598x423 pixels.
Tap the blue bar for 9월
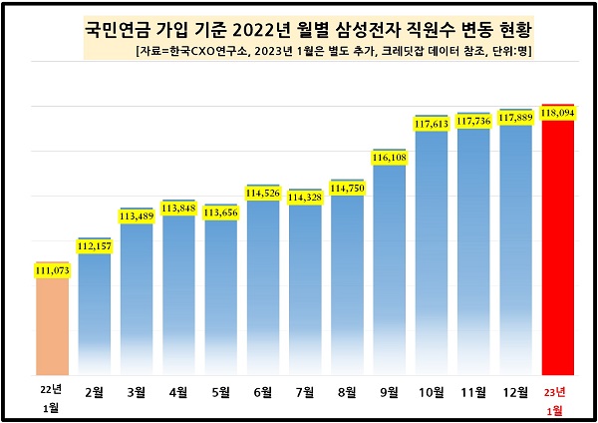390,269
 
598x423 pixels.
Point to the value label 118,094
558,113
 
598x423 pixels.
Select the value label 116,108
390,158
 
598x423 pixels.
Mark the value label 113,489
137,215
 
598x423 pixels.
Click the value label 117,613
432,124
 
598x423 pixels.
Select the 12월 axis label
515,390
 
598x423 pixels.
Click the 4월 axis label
178,390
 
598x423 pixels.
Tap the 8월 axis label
347,390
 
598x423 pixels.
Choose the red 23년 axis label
558,389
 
